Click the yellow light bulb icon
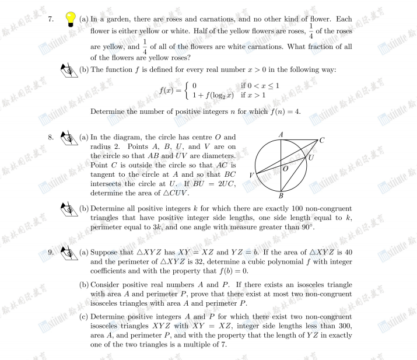(x=71, y=19)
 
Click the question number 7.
(x=51, y=19)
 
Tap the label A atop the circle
(x=281, y=135)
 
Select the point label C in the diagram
(x=322, y=140)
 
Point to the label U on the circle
(x=311, y=158)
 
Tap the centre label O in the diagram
(x=286, y=168)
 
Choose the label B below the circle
(x=281, y=197)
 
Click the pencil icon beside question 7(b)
(x=69, y=71)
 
